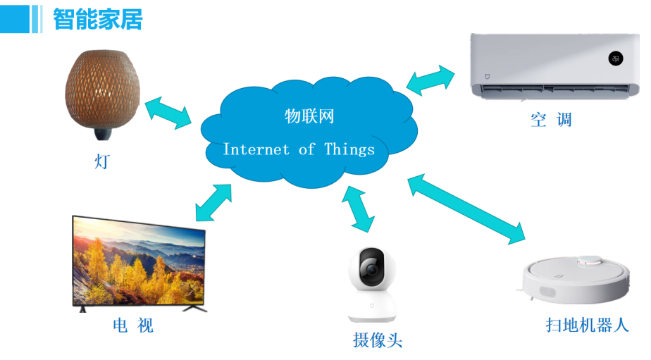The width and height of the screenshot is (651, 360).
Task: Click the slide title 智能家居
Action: click(98, 19)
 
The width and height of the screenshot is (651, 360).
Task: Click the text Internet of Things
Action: click(299, 149)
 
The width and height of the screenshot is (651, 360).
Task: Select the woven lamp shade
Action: click(101, 89)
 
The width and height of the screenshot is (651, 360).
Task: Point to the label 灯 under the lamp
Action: click(102, 161)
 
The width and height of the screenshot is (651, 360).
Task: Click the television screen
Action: click(139, 263)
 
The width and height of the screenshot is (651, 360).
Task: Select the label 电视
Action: click(132, 325)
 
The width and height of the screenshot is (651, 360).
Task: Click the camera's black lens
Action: click(371, 268)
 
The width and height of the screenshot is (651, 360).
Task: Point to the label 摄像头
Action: click(378, 341)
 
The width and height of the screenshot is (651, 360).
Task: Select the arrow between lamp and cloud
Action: click(168, 113)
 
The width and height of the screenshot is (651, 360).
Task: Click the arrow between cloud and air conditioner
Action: click(431, 80)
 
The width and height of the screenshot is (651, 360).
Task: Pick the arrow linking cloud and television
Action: click(213, 202)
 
